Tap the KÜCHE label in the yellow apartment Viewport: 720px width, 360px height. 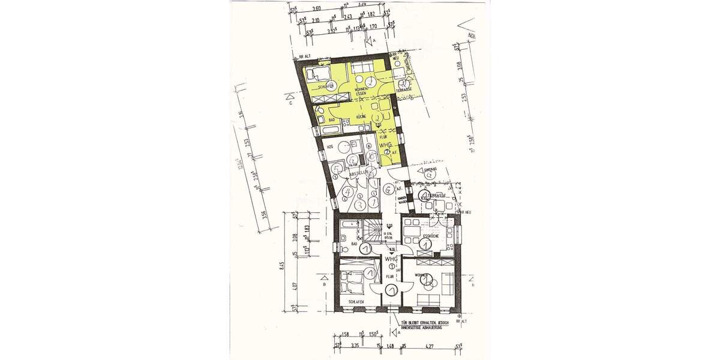[x=362, y=118]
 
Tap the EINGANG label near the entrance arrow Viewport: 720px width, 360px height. [x=429, y=170]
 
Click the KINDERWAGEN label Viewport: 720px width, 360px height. [x=404, y=201]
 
